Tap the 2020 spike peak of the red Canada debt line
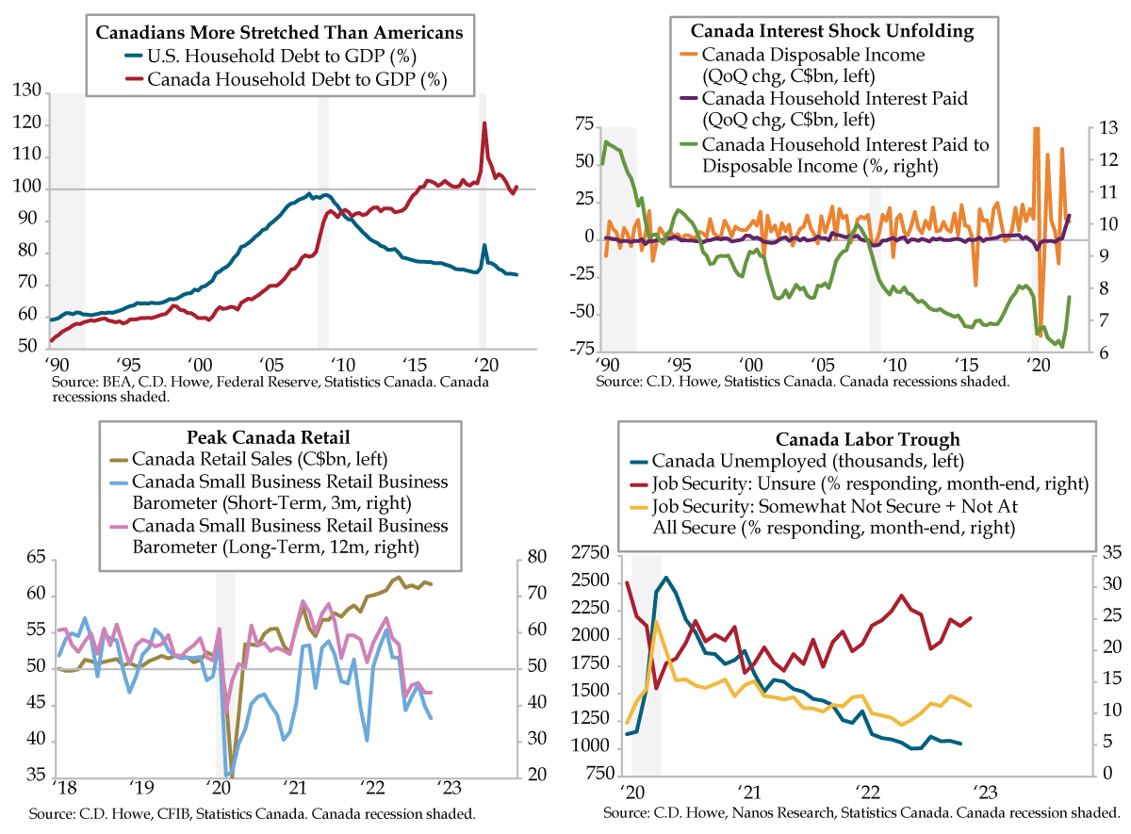[484, 123]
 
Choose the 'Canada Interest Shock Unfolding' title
[821, 30]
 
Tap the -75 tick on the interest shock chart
[581, 349]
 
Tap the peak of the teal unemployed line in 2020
[666, 578]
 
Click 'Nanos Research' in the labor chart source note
[781, 811]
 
